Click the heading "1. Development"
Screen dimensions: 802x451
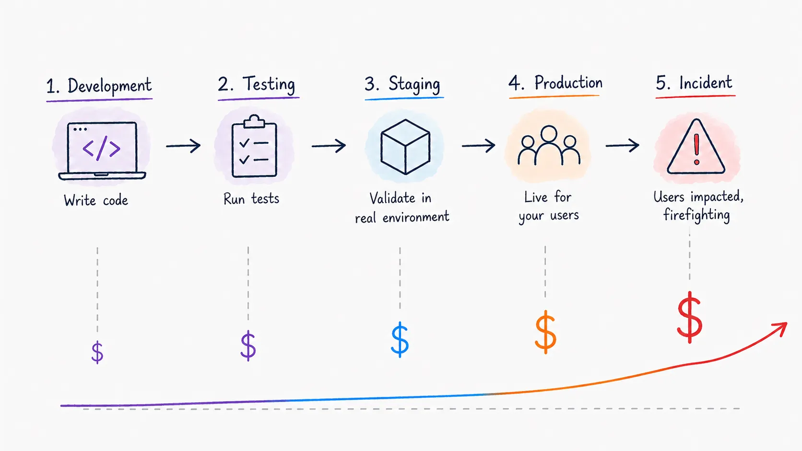coord(99,86)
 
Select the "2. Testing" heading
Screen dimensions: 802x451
coord(257,84)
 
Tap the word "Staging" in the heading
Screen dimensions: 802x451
coord(414,85)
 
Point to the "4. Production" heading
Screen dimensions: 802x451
coord(555,82)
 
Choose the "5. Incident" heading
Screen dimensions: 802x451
coord(694,82)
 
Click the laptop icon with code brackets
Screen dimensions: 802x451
coord(102,150)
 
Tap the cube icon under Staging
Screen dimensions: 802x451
coord(405,147)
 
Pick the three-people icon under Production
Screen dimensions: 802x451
coord(549,145)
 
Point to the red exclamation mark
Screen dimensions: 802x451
coord(696,150)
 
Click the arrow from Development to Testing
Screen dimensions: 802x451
coord(183,146)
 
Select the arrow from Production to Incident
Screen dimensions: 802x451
coord(622,146)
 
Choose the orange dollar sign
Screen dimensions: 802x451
coord(546,332)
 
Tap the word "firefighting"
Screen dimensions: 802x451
coord(696,215)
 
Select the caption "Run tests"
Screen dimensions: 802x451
coord(251,199)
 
